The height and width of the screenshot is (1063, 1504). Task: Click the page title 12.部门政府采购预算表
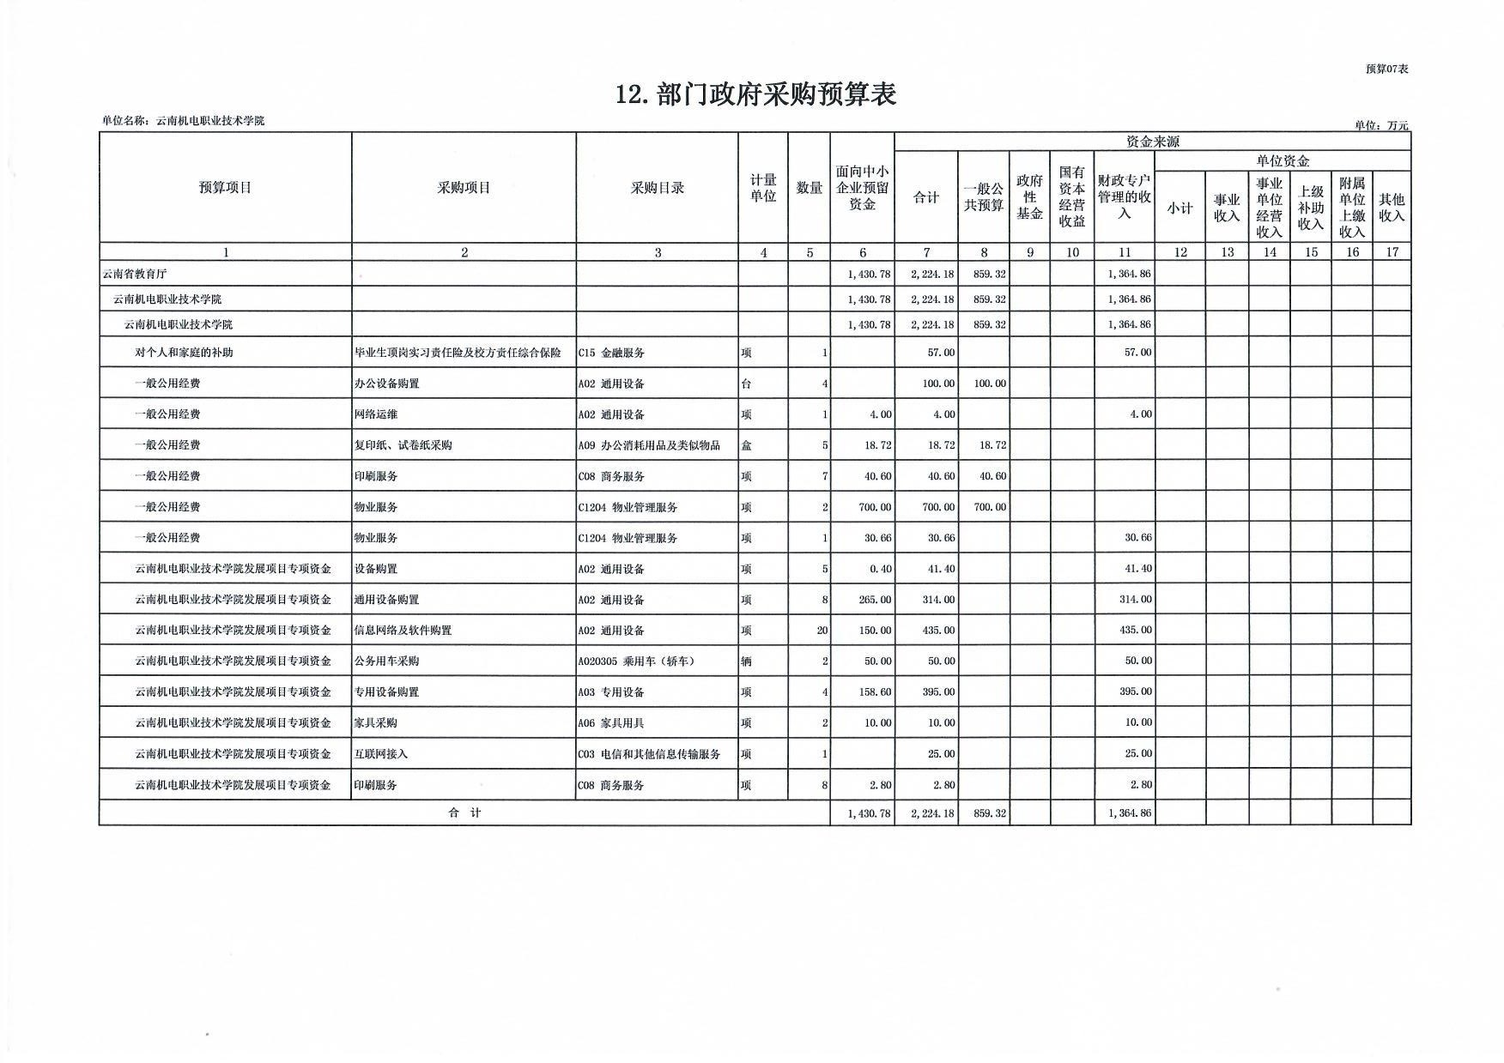pos(755,94)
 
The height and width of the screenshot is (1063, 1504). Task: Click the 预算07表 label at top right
pos(1386,69)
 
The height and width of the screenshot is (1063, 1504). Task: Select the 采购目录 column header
pos(657,188)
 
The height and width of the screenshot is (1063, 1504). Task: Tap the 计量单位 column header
pos(763,188)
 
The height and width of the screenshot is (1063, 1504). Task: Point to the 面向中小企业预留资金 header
pos(862,188)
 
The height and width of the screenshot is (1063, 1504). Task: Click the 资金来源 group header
pos(1152,142)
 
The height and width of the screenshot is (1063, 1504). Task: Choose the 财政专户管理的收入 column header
pos(1124,197)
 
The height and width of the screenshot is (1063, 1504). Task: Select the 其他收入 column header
pos(1391,208)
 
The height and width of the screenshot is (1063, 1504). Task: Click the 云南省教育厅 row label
pos(135,275)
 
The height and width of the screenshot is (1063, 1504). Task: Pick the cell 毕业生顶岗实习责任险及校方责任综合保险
pos(458,353)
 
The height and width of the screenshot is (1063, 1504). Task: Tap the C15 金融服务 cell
pos(611,353)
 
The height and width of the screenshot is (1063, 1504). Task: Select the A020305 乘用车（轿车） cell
pos(636,661)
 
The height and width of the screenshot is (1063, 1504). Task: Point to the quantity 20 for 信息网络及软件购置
pos(822,631)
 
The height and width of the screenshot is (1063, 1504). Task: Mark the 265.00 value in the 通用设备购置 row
pos(875,600)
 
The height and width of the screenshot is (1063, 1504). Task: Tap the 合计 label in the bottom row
pos(464,812)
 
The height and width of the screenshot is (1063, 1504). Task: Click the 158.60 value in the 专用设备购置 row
pos(875,692)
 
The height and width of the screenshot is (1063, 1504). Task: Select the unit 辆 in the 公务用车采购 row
pos(747,661)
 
